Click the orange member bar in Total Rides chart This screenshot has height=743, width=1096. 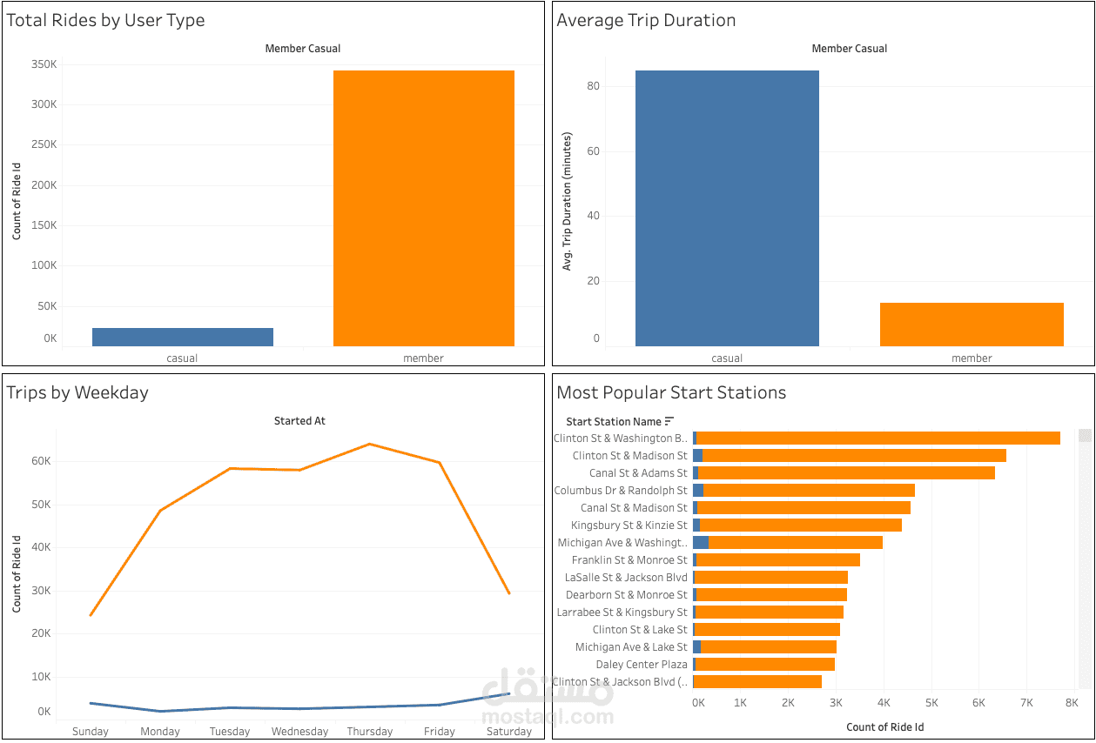tap(424, 208)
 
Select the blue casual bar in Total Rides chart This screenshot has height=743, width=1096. tap(183, 337)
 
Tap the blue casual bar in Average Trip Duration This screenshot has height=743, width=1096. tap(727, 208)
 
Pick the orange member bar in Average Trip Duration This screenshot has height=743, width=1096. tap(972, 325)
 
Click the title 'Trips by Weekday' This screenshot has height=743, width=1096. tap(77, 392)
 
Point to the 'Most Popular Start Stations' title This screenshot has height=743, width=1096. tap(670, 392)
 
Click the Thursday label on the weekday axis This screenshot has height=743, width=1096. tap(370, 731)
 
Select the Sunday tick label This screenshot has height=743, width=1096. tap(91, 731)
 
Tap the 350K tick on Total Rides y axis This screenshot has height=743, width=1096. tap(44, 64)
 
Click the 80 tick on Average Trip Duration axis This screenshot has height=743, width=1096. tap(594, 86)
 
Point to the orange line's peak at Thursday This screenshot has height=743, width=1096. tap(370, 444)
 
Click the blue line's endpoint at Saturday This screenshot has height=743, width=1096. tap(509, 693)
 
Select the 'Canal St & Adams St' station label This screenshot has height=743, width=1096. tap(637, 473)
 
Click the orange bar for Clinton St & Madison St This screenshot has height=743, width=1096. tap(853, 456)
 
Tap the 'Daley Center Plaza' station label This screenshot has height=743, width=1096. tap(641, 665)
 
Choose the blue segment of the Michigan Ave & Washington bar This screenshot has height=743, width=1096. tap(701, 543)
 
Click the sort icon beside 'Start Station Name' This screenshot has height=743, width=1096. tap(669, 421)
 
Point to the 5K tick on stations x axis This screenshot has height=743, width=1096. tap(931, 702)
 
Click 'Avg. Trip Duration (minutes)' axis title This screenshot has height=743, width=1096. tap(568, 201)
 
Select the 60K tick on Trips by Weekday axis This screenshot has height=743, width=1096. tap(39, 461)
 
